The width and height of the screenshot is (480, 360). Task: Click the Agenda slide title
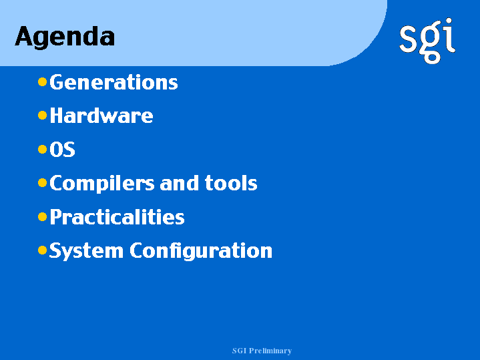coord(65,37)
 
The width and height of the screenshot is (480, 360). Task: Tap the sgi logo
coord(427,41)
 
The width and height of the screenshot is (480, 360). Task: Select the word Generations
coord(113,82)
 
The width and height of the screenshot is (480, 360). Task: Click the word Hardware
coord(101,116)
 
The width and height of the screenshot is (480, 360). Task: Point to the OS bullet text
coord(62,150)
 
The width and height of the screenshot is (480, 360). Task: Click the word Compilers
coord(102,184)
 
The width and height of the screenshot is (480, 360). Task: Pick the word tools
coord(231,183)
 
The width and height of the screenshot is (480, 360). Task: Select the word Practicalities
coord(117,217)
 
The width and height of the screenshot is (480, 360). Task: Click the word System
coord(86,251)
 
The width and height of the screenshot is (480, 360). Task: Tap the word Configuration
coord(201,251)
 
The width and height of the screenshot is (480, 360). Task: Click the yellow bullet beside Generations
coord(42,81)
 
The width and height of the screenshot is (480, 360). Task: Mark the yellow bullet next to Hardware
coord(42,116)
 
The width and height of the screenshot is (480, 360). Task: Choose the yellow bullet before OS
coord(42,149)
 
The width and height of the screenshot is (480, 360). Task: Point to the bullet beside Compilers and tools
coord(42,183)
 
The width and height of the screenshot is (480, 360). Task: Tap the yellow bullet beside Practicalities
coord(42,217)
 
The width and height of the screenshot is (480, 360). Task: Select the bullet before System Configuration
coord(42,250)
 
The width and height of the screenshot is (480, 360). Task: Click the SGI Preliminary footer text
coord(262,351)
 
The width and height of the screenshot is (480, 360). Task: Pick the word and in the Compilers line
coord(180,183)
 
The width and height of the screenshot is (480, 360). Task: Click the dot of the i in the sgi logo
coord(449,21)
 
